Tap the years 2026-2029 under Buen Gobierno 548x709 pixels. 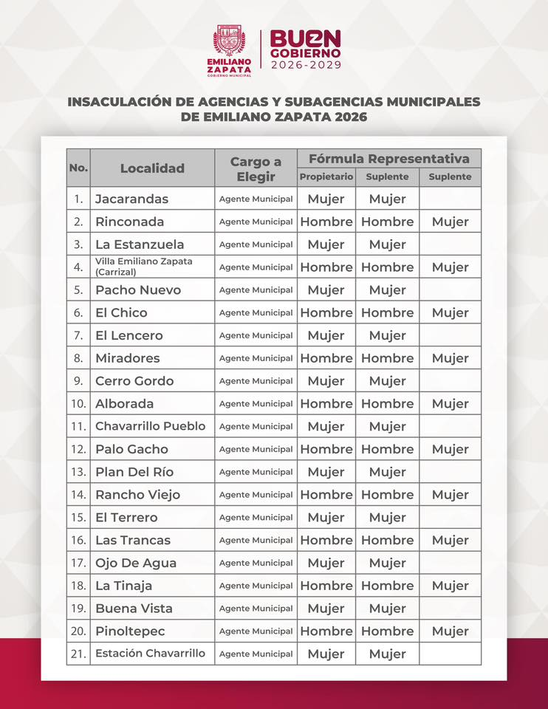tap(306, 65)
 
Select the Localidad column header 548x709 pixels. tap(152, 168)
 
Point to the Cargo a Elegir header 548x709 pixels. tap(256, 169)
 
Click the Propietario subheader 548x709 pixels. tap(326, 177)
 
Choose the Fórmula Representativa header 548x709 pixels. tap(389, 159)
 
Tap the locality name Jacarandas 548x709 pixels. tap(131, 199)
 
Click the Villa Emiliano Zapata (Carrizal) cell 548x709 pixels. tap(143, 267)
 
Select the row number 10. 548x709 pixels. tap(78, 404)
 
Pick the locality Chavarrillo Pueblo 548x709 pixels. tap(150, 426)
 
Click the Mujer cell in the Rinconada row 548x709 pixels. tap(451, 222)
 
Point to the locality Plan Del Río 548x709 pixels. tap(134, 472)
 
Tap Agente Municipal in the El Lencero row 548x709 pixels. tap(256, 335)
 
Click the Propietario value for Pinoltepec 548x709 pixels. tap(326, 631)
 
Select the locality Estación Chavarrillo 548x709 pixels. tap(150, 654)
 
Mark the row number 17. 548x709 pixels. tap(78, 563)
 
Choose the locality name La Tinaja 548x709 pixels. tap(123, 586)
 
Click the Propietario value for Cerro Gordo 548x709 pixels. tap(326, 381)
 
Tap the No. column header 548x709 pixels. tap(78, 168)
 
